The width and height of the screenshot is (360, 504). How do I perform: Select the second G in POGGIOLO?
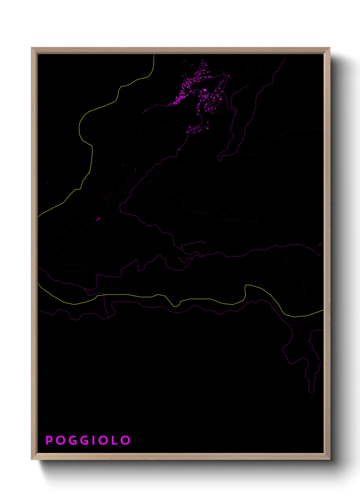click(x=85, y=440)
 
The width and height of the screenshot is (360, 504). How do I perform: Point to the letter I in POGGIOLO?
click(x=95, y=440)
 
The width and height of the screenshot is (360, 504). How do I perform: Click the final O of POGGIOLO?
click(x=126, y=440)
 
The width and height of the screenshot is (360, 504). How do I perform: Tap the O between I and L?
click(x=104, y=440)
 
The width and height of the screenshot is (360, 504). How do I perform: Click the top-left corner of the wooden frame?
click(x=32, y=48)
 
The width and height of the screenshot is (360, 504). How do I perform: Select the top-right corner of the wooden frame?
click(x=329, y=48)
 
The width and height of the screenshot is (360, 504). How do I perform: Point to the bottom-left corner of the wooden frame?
click(x=32, y=459)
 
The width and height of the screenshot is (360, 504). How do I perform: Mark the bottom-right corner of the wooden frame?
click(x=329, y=459)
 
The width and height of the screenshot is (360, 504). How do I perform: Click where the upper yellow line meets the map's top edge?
click(x=154, y=54)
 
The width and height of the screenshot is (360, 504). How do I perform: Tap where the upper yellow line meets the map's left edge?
click(x=38, y=216)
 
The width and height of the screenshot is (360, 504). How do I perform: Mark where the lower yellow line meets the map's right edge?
click(x=323, y=310)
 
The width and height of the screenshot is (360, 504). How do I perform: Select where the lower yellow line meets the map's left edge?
click(x=38, y=283)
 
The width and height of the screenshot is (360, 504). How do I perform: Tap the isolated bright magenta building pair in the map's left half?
click(x=98, y=219)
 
